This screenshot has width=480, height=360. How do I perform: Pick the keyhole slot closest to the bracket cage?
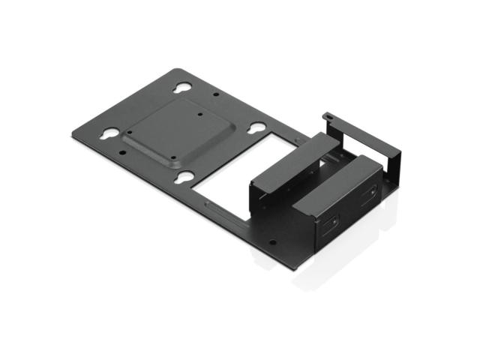tap(255, 128)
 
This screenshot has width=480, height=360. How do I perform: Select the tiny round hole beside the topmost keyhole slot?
tap(216, 97)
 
